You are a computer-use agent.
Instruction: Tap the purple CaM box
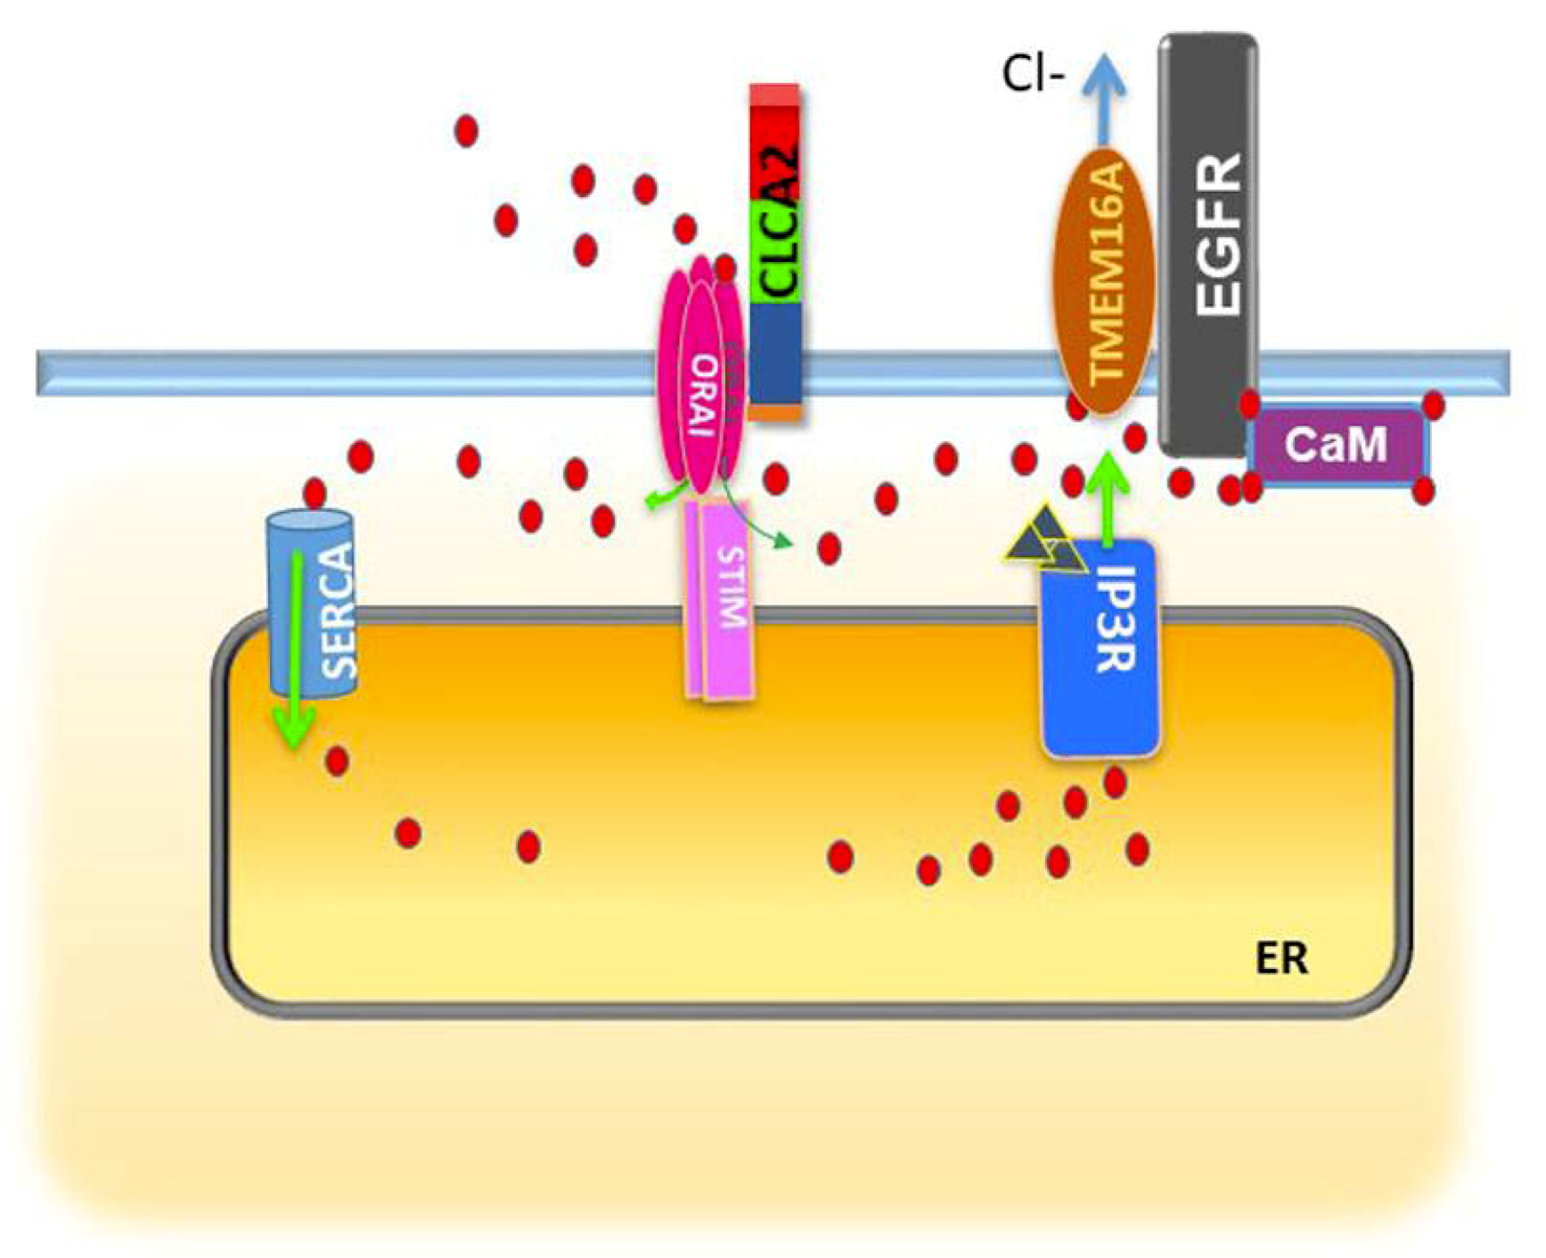click(1337, 444)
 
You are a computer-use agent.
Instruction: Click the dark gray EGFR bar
click(1208, 241)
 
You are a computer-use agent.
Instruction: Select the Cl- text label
click(1032, 75)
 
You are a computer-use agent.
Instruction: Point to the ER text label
click(1280, 959)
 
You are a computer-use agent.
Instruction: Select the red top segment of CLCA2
click(774, 143)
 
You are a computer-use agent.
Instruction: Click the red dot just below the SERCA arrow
click(337, 761)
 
